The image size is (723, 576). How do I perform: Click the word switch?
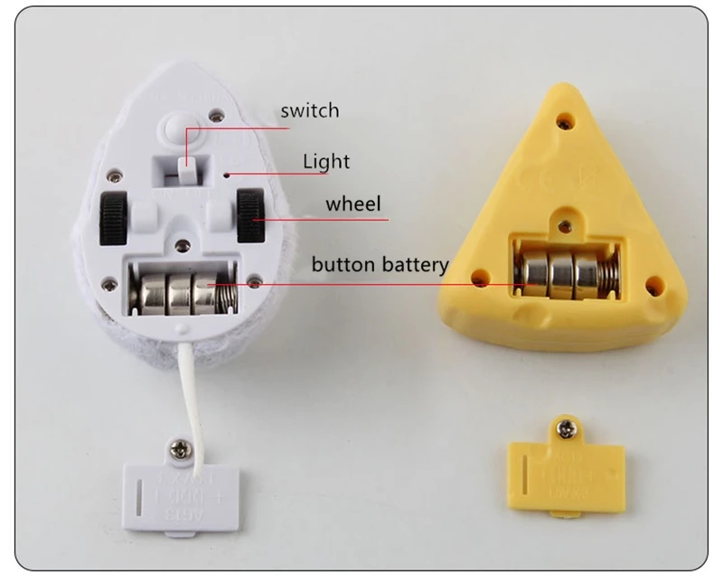tap(309, 111)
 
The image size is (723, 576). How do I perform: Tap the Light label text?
tap(325, 162)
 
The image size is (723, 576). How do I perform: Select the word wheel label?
tap(353, 203)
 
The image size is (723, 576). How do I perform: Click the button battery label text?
tap(380, 265)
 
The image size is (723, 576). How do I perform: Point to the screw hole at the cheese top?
tap(565, 118)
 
